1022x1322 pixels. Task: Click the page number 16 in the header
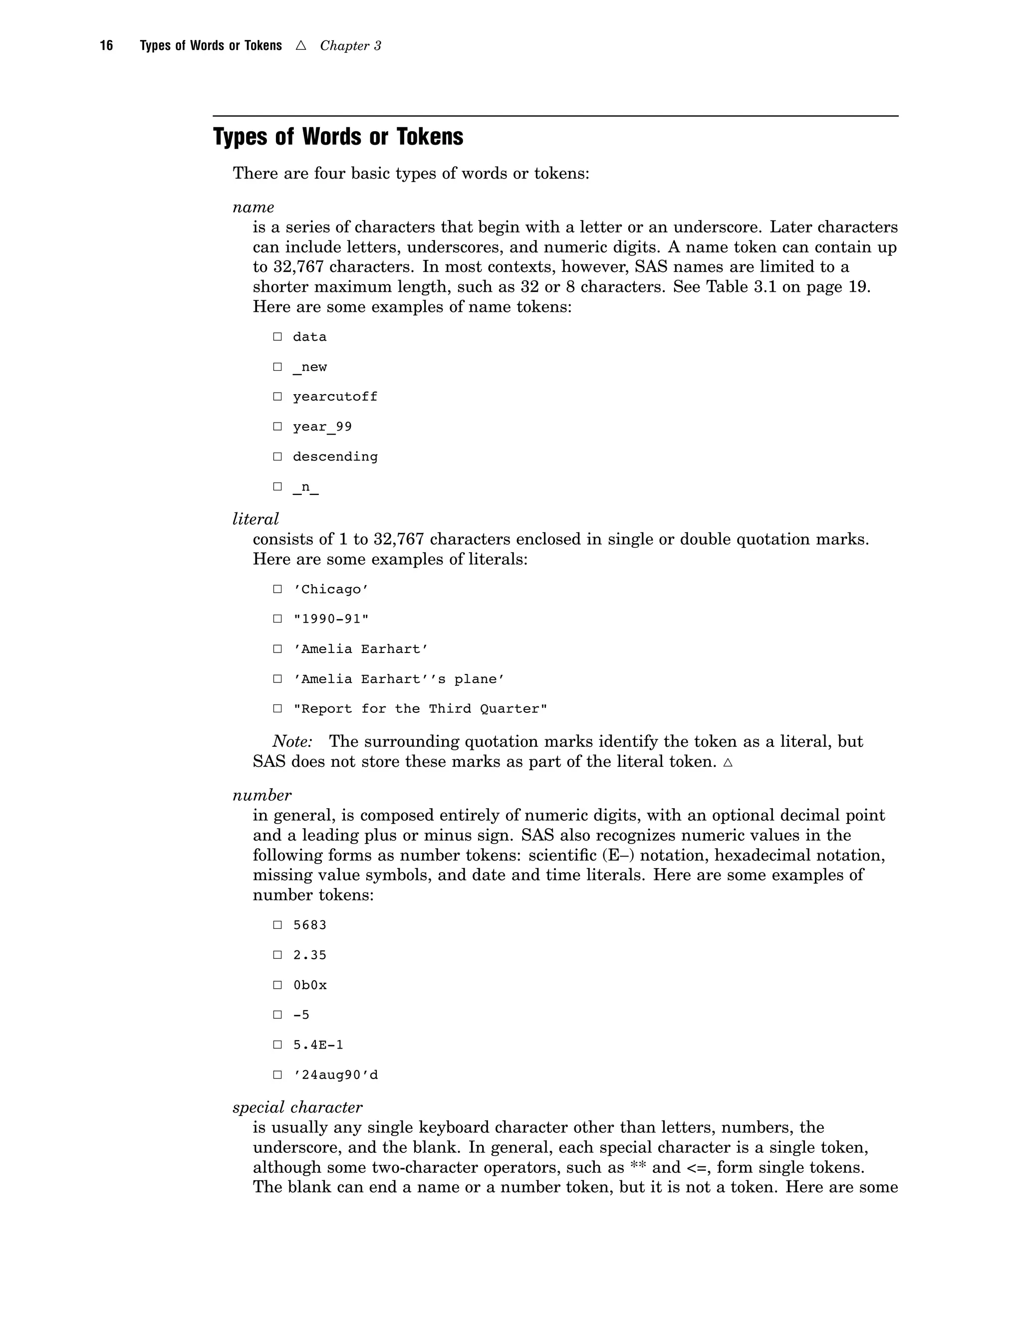point(107,46)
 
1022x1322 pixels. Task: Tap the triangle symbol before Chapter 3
point(301,46)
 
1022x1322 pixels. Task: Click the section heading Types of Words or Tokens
point(338,137)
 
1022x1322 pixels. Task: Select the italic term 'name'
point(253,208)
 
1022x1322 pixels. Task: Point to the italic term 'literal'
point(255,519)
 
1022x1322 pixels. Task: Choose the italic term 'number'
point(261,795)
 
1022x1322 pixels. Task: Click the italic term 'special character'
point(297,1107)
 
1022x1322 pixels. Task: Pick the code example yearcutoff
point(335,397)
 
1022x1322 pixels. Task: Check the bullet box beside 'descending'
point(277,456)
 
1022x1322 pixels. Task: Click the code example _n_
point(306,487)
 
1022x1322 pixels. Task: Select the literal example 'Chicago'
point(330,590)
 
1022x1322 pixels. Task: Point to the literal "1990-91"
point(330,619)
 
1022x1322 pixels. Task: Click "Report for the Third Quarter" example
point(420,709)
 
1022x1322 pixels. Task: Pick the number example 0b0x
point(309,985)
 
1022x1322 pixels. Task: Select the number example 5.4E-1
point(318,1045)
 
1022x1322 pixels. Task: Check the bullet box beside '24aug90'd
point(277,1075)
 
